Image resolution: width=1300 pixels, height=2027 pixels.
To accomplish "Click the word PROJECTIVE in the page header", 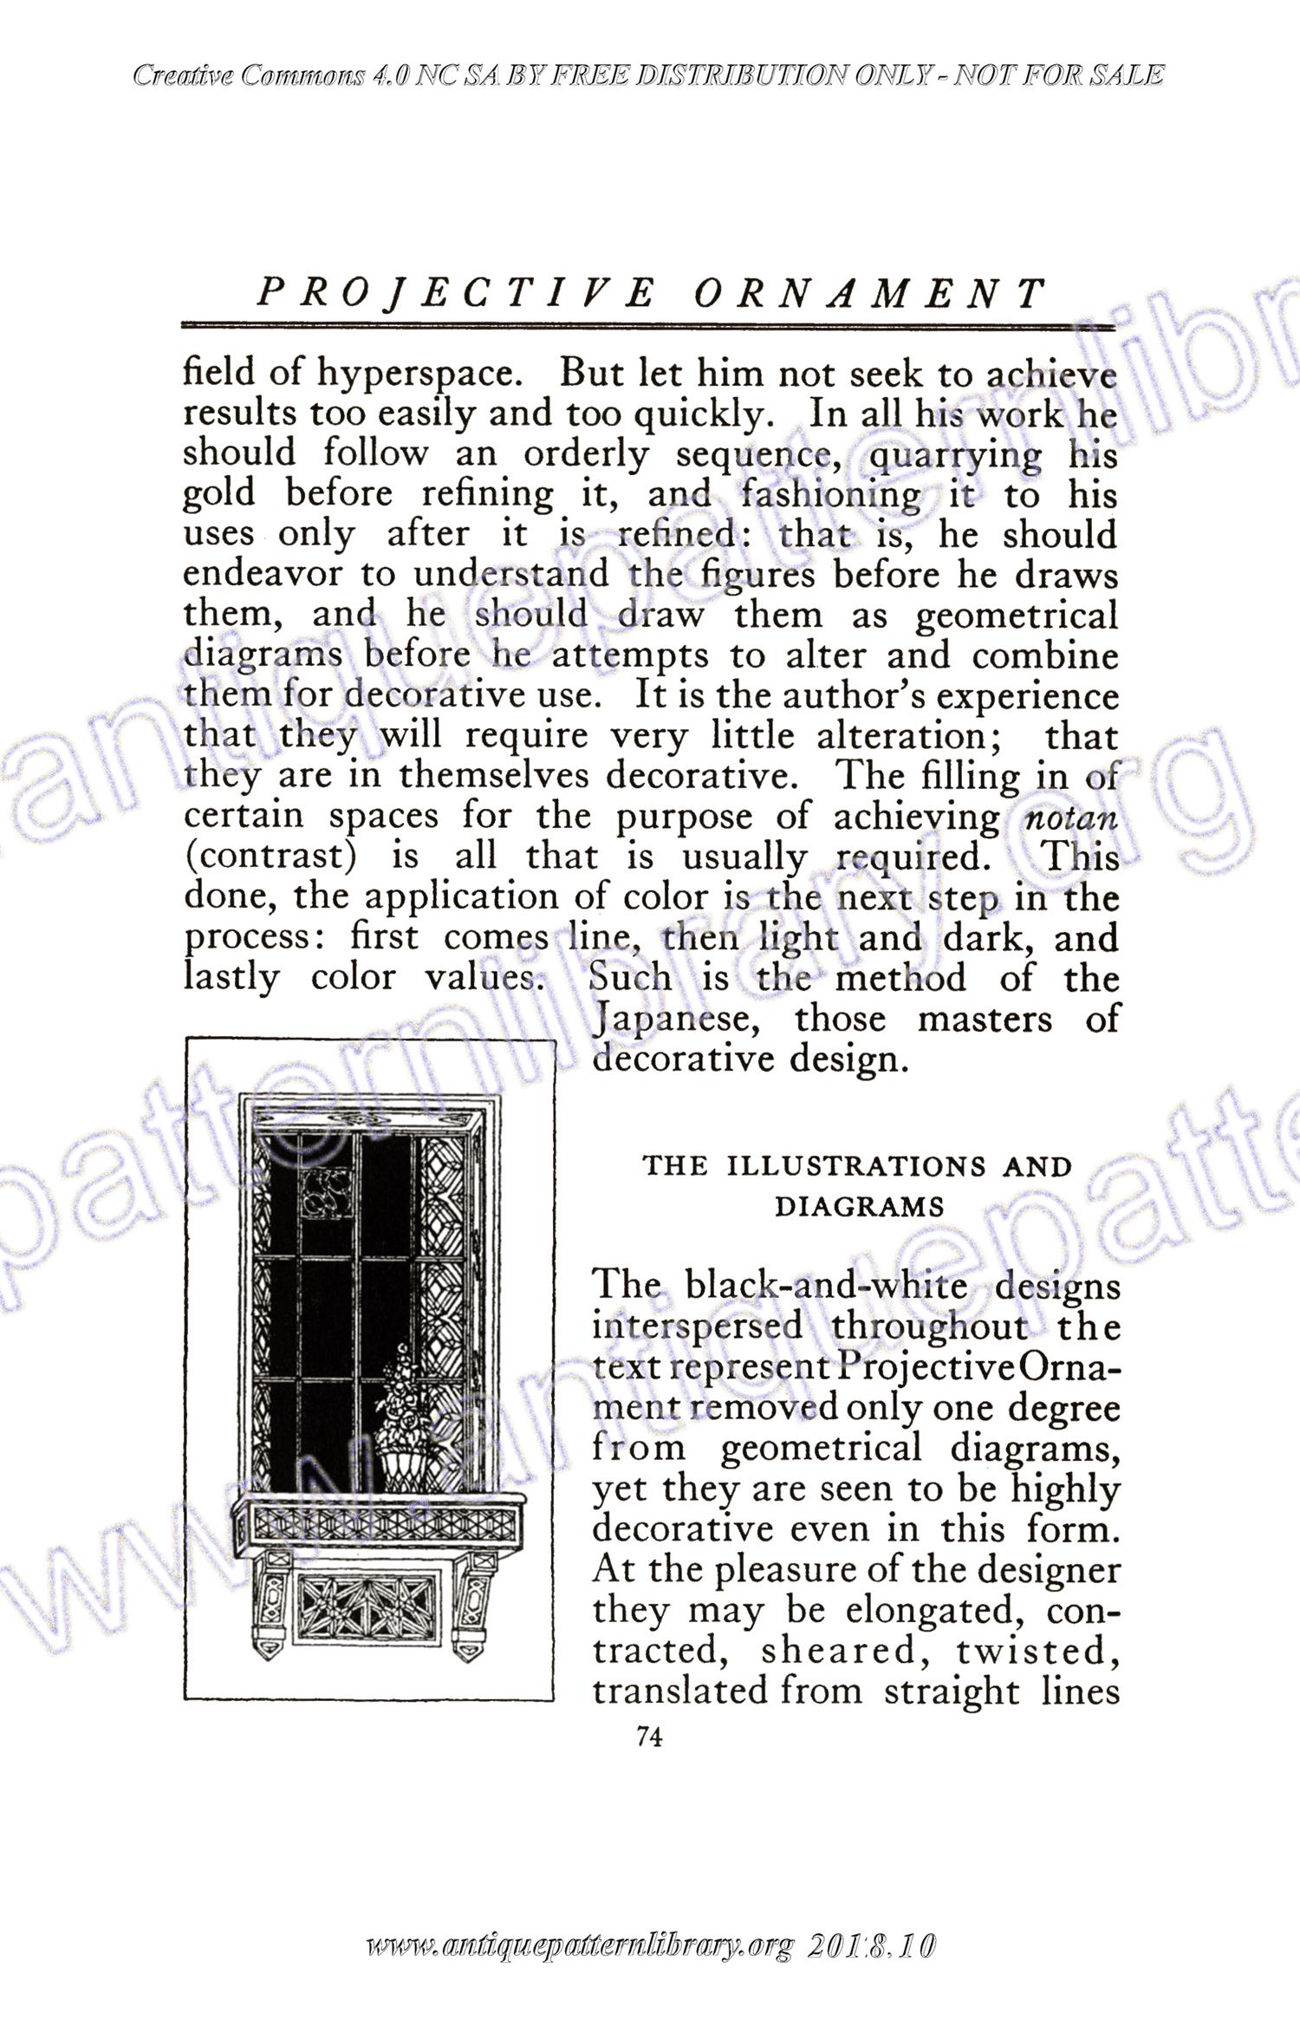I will click(x=456, y=294).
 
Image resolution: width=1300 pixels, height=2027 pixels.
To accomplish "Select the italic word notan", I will click(x=1070, y=818).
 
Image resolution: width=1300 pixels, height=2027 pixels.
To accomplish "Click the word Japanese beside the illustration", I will click(x=677, y=1019).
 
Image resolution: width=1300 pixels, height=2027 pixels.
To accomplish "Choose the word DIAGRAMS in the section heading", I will click(x=858, y=1207).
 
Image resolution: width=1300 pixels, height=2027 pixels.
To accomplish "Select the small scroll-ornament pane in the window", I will click(x=327, y=1203).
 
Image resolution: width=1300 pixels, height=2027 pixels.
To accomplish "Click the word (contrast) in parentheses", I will click(x=271, y=857).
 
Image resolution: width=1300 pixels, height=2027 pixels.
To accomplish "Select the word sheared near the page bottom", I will click(x=840, y=1652).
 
